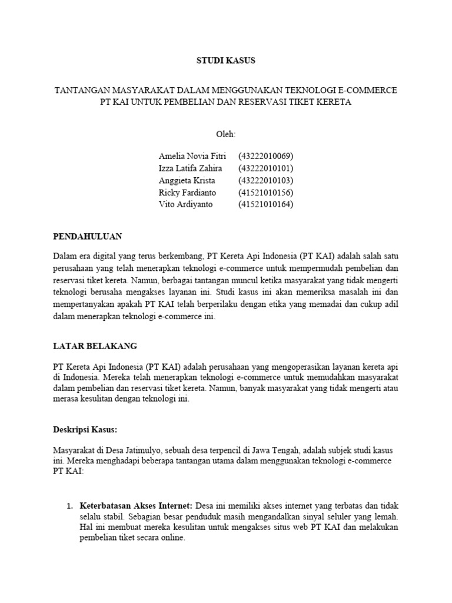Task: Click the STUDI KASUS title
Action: click(x=226, y=61)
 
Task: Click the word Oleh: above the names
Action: click(x=226, y=134)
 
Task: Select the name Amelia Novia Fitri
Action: click(x=192, y=156)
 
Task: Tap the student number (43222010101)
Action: click(x=265, y=168)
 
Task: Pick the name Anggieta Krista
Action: click(x=187, y=180)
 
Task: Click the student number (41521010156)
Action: click(x=265, y=193)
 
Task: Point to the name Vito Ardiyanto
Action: click(x=185, y=204)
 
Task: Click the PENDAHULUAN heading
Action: click(x=87, y=236)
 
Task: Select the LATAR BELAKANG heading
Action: click(x=95, y=346)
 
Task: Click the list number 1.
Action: click(x=68, y=506)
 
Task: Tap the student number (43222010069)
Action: click(x=265, y=156)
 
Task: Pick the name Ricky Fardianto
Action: click(x=187, y=193)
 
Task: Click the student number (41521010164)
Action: click(x=265, y=204)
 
